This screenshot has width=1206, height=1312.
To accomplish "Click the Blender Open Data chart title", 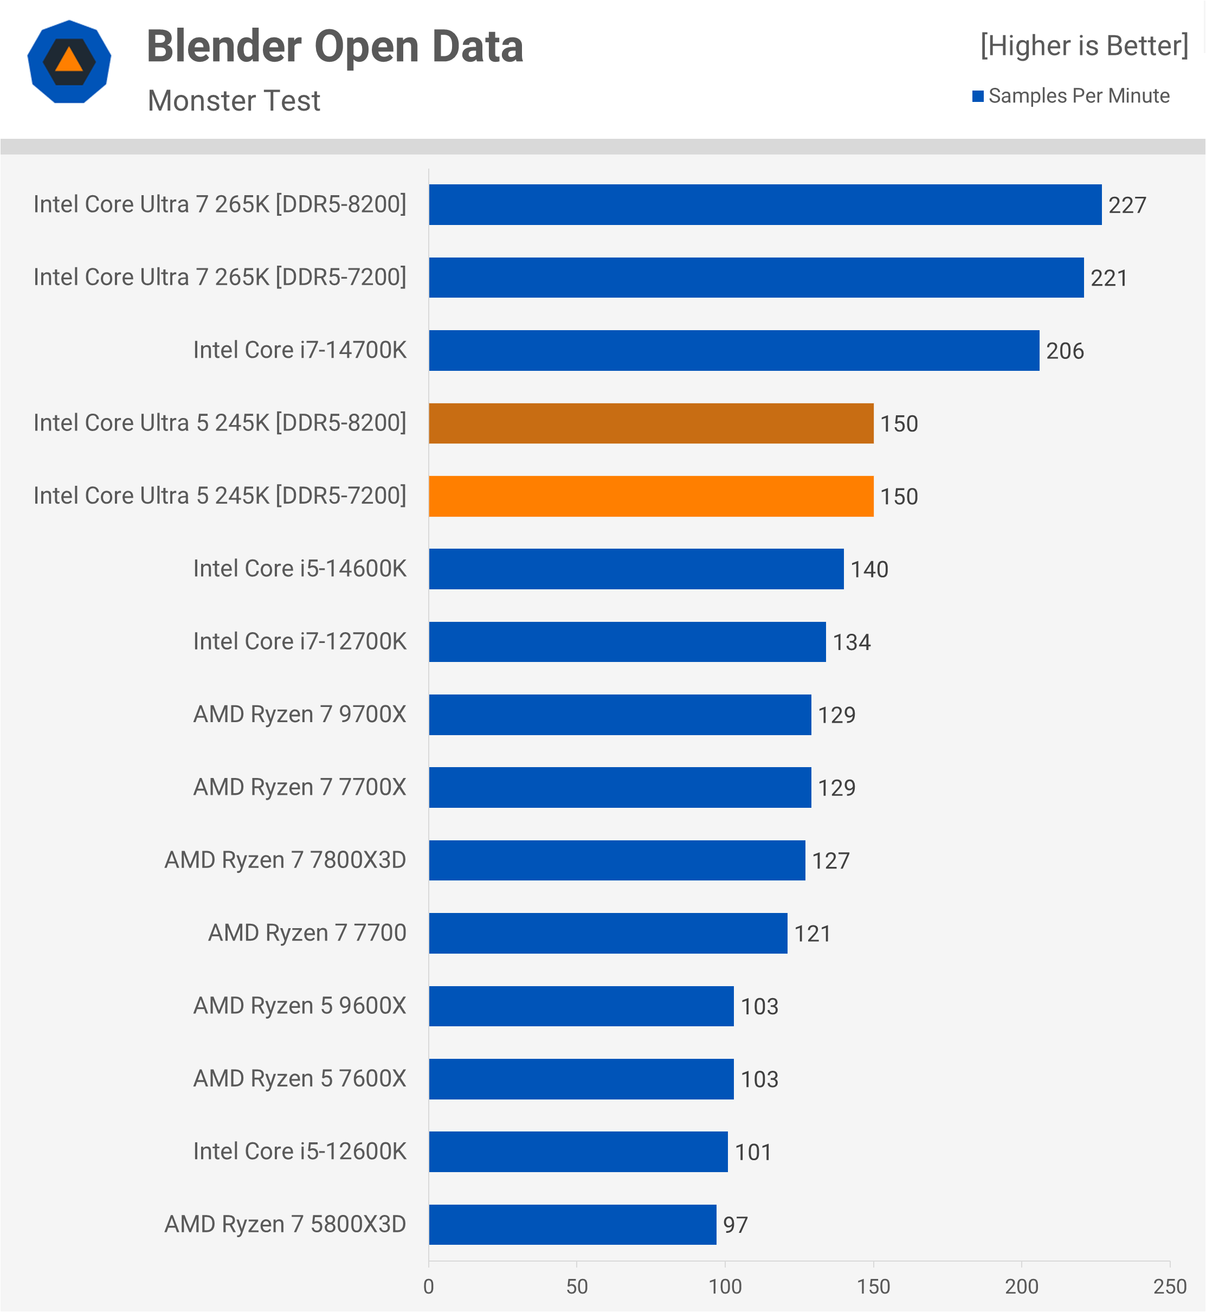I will (335, 47).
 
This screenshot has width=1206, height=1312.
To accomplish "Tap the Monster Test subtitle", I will (234, 100).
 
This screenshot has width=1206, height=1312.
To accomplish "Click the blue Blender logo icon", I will (69, 62).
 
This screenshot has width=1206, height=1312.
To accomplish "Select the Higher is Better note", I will (1084, 46).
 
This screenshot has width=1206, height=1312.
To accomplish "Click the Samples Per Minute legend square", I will (978, 96).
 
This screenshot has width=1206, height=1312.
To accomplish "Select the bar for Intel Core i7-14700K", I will (733, 351).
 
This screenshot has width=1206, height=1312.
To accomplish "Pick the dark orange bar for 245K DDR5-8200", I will (650, 423).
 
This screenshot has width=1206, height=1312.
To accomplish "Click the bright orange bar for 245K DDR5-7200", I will (650, 496).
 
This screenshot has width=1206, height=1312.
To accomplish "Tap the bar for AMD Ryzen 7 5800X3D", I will (572, 1225).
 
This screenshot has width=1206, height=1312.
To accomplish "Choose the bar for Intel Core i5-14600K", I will (636, 569).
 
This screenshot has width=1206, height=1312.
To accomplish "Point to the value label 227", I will (1127, 205).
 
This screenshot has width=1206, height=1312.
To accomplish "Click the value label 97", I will (736, 1225).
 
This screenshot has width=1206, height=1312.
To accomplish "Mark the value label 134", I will (852, 642).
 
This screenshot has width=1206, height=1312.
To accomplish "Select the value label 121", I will (812, 934).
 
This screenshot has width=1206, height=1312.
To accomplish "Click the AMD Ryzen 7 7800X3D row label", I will (285, 860).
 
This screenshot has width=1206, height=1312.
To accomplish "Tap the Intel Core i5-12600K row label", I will (300, 1152).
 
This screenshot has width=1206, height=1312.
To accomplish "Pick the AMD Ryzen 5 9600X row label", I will (300, 1006).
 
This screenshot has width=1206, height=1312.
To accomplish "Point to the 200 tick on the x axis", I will (1021, 1287).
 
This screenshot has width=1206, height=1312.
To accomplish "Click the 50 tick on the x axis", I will (577, 1287).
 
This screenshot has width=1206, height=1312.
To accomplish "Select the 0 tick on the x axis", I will (429, 1287).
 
